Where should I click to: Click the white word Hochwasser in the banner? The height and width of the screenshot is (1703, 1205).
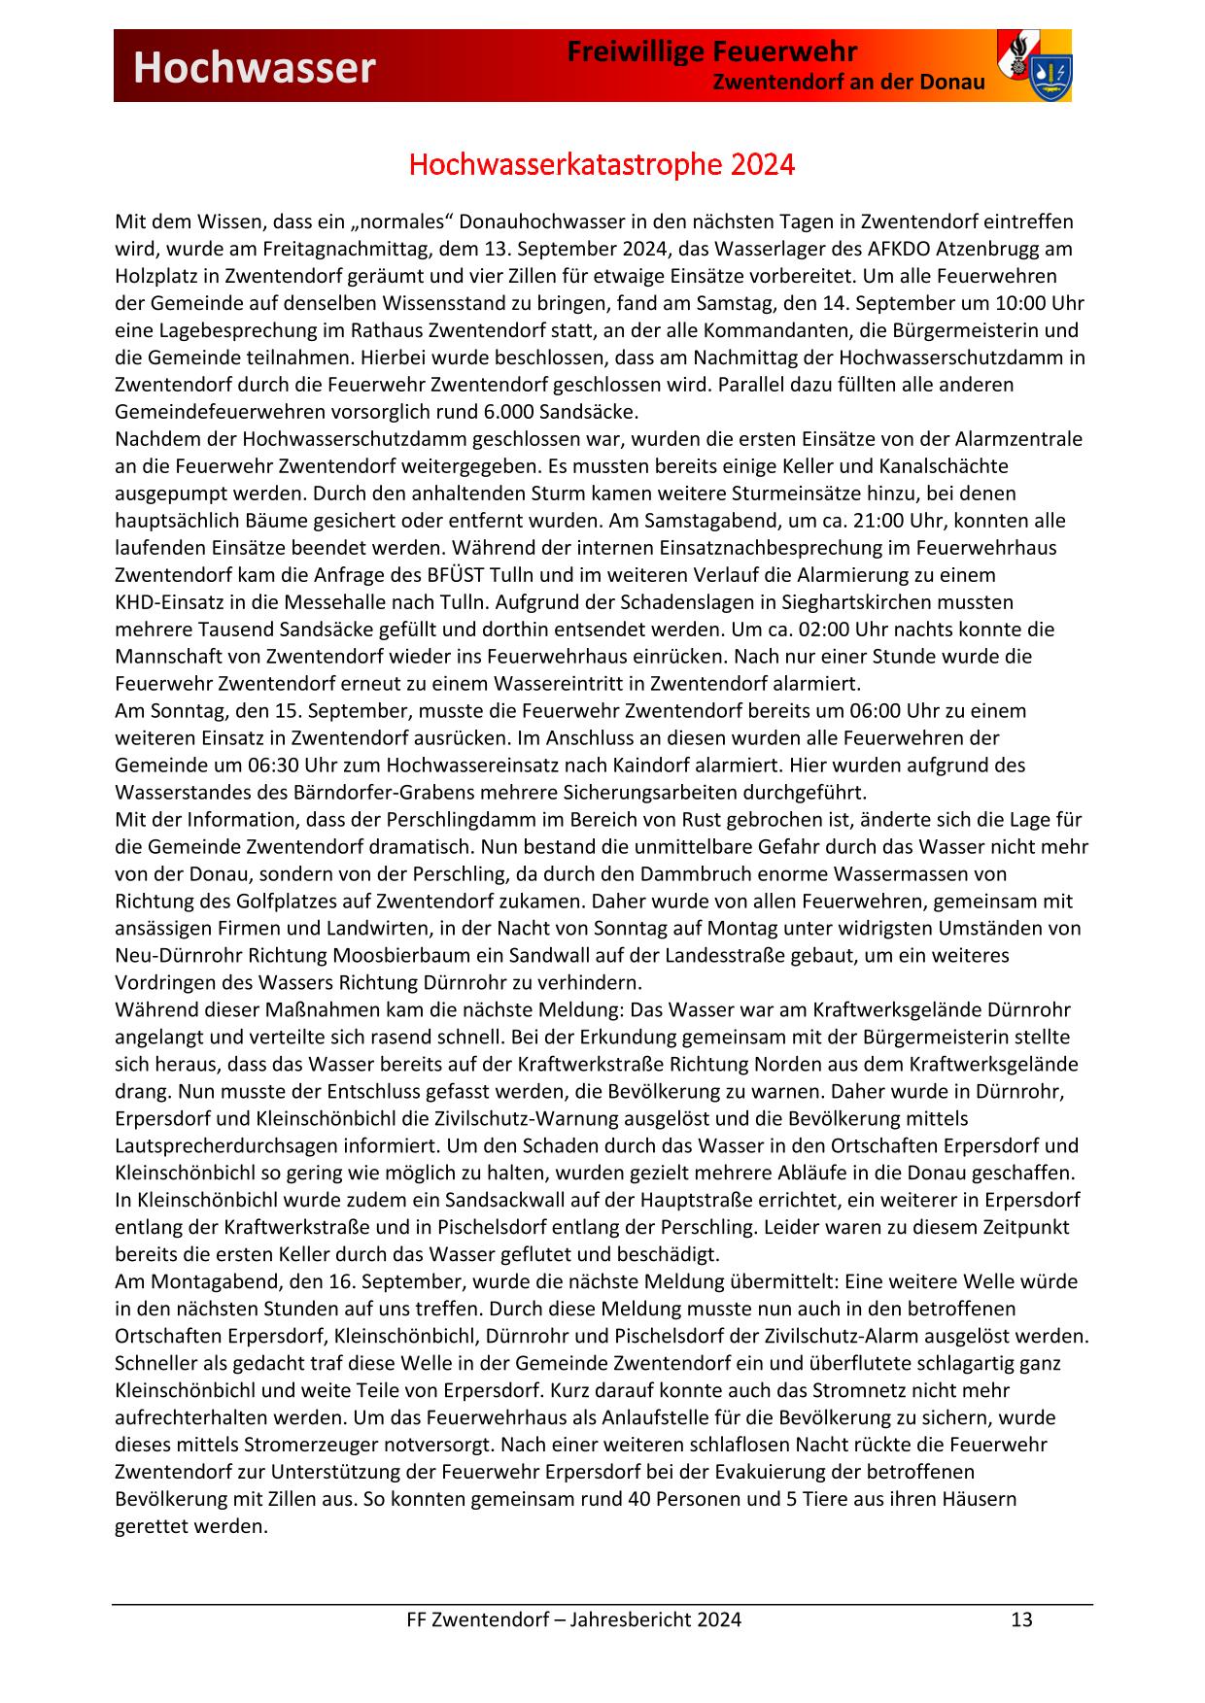pyautogui.click(x=254, y=67)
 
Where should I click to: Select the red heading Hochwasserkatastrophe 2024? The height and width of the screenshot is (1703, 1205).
pyautogui.click(x=602, y=165)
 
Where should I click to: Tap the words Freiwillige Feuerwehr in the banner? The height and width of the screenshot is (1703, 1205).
pyautogui.click(x=712, y=51)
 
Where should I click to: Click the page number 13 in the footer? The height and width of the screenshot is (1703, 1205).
pyautogui.click(x=1021, y=1618)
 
